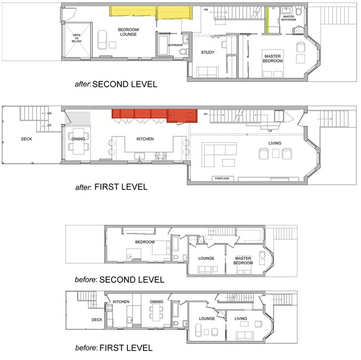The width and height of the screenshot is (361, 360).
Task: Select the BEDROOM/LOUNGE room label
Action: coord(128,32)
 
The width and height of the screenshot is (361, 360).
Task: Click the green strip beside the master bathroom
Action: coord(267,20)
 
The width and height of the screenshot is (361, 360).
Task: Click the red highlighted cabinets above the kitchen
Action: coord(153,114)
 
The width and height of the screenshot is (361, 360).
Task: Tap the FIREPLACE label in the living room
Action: coord(223,178)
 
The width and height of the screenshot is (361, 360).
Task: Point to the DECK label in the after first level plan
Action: coord(27,139)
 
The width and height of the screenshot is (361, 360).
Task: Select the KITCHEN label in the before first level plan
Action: coord(121,302)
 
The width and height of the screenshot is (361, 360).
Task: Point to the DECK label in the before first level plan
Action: coord(97,320)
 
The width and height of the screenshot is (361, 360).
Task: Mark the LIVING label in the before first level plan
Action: coord(241,319)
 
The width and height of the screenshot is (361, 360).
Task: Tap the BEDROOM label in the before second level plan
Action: coord(145,242)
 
